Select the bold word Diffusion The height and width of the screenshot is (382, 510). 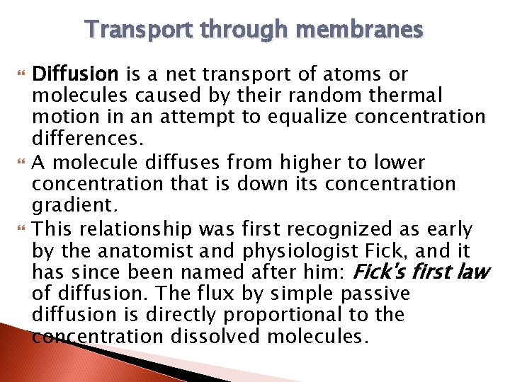[x=77, y=74]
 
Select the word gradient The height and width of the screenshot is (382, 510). [x=67, y=207]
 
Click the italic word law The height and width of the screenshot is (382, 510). [x=473, y=272]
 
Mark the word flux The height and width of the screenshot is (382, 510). [x=238, y=294]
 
